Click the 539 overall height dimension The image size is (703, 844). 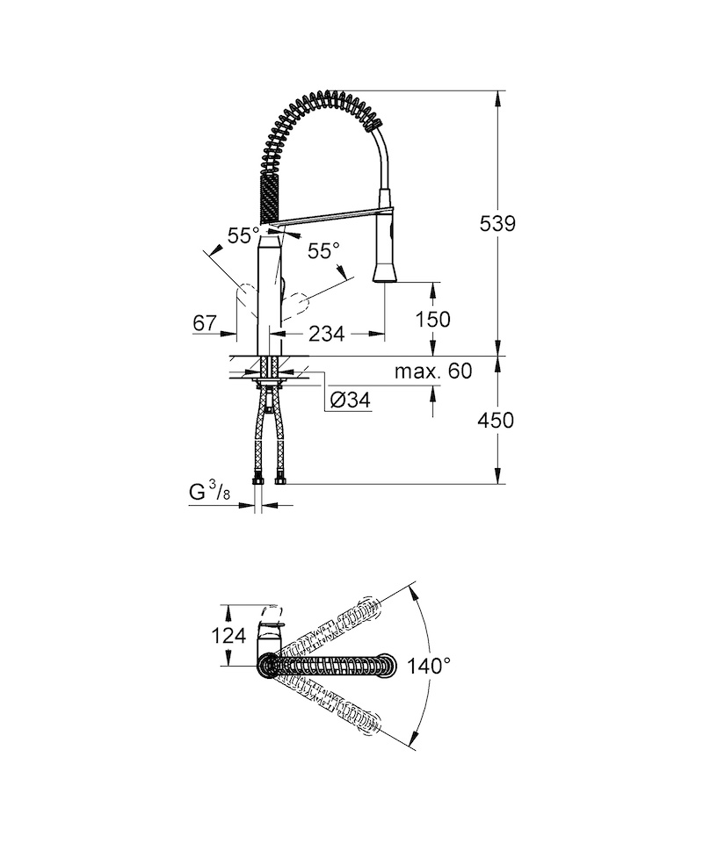pos(497,223)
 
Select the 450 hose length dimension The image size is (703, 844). pos(496,420)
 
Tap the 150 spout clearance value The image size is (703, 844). pos(432,319)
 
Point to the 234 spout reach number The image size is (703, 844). pos(326,335)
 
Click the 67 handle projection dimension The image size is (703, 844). pos(205,323)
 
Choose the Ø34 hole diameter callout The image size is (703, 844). pos(350,400)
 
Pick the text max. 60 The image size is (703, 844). pos(433,371)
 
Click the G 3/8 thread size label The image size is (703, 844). pos(209,492)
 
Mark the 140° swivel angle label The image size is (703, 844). pos(428,666)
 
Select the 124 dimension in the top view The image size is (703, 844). pos(228,636)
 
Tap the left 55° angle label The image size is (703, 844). pos(243,235)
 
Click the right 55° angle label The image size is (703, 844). pos(323,250)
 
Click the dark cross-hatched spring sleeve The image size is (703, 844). pos(270,197)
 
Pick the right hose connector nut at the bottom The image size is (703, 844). pos(280,478)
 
